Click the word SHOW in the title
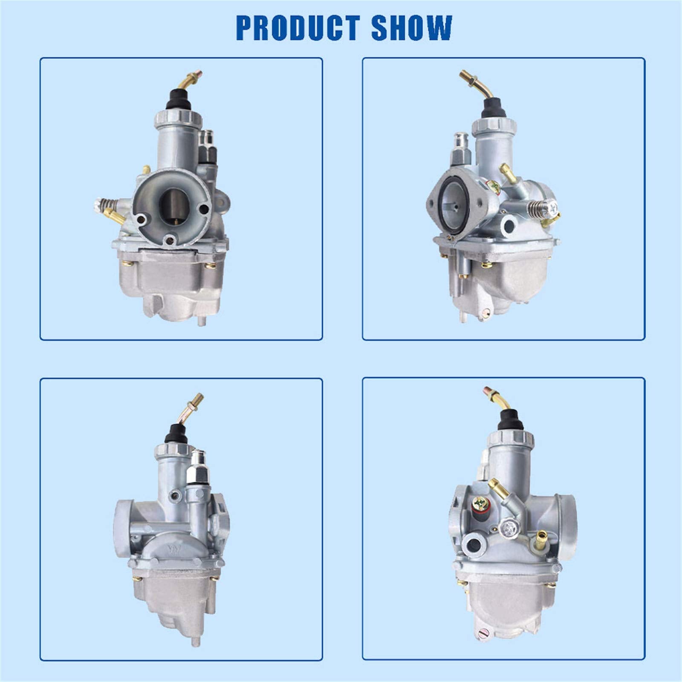pyautogui.click(x=411, y=28)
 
